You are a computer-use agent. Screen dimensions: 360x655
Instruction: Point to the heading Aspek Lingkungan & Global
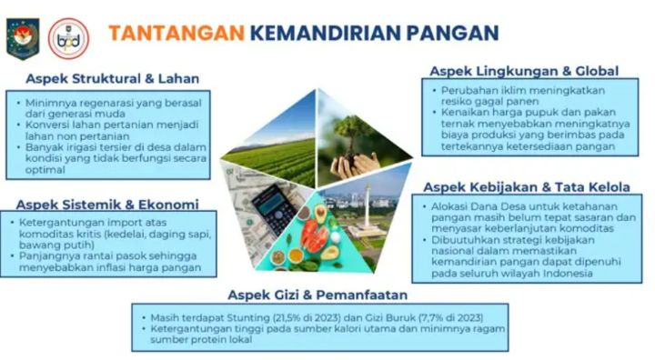click(523, 70)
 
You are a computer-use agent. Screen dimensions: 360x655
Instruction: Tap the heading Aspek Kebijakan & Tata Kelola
click(527, 186)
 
